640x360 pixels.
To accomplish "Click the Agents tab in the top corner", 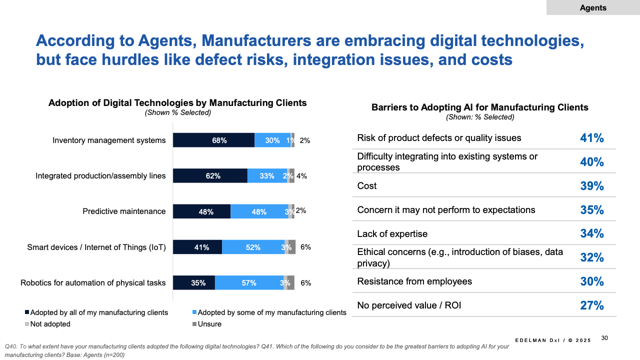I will (x=593, y=7).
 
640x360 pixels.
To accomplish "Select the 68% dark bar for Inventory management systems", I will (x=213, y=140).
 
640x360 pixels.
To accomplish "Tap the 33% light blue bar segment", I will (x=267, y=176).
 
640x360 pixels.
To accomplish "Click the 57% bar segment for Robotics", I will (x=249, y=283).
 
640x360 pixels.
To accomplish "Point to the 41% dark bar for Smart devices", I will (x=197, y=247).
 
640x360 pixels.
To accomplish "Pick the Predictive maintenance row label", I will (x=124, y=211).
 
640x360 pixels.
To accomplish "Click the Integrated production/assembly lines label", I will (x=100, y=176).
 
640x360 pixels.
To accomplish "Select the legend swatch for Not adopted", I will (x=27, y=324).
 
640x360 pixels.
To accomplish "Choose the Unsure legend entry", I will (x=206, y=324).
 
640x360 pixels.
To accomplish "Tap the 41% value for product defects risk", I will (x=592, y=138).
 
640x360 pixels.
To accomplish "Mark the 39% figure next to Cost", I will (x=592, y=186).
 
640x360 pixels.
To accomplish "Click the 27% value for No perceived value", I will (x=592, y=305).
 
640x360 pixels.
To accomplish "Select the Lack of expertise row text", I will (x=392, y=234).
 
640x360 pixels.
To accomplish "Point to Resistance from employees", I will (x=414, y=281).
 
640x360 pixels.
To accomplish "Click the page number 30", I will (x=604, y=338).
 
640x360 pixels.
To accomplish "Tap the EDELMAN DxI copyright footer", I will (x=553, y=340).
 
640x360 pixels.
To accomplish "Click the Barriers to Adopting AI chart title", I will (x=480, y=107).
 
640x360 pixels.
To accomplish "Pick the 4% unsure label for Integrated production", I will (x=301, y=176).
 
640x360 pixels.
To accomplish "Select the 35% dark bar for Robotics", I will (x=194, y=283).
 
